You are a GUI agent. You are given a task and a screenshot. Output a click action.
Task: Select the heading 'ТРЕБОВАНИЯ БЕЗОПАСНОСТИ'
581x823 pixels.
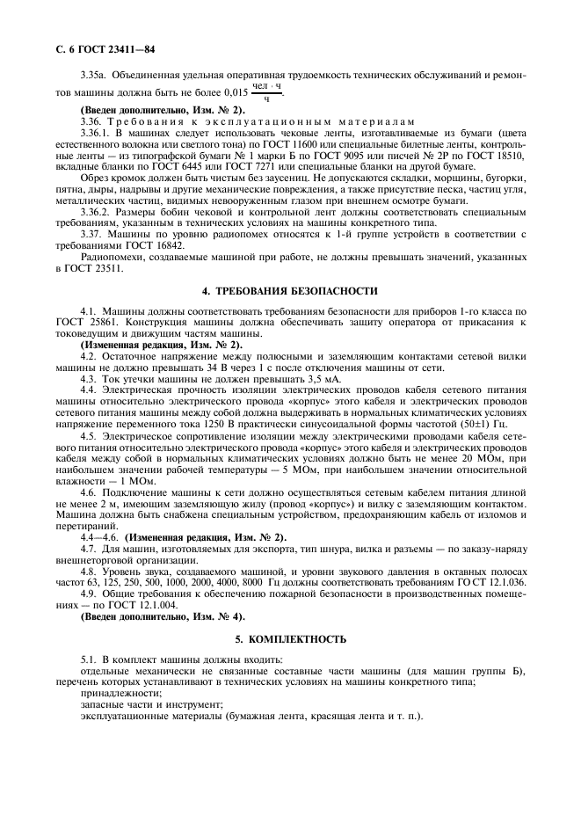click(304, 290)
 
